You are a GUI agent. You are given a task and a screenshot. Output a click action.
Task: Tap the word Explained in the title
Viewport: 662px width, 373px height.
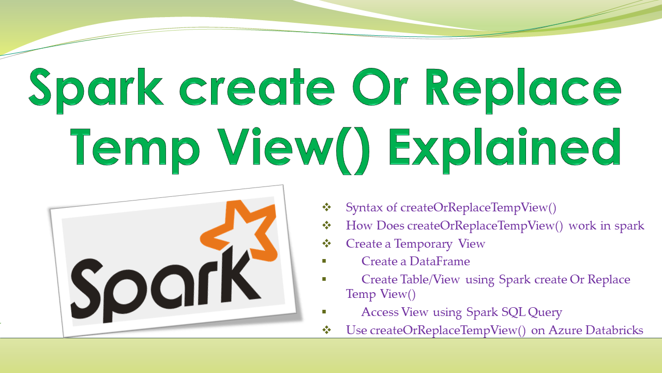(505, 150)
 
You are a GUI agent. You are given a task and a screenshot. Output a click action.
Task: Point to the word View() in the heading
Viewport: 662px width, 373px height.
(295, 150)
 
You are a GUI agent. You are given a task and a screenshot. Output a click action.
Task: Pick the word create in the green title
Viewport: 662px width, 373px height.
(257, 88)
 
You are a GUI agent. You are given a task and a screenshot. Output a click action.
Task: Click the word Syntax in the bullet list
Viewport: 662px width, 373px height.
(364, 208)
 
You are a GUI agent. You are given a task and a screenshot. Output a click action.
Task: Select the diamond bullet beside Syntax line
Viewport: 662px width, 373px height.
(326, 207)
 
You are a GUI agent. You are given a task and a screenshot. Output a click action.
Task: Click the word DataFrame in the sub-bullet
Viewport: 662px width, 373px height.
(440, 262)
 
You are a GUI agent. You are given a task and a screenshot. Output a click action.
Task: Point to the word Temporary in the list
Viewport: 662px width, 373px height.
(423, 244)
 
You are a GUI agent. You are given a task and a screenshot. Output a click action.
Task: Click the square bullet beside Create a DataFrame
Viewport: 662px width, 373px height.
(324, 261)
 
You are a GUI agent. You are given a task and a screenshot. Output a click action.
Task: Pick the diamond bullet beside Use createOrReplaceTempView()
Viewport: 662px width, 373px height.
(326, 329)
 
